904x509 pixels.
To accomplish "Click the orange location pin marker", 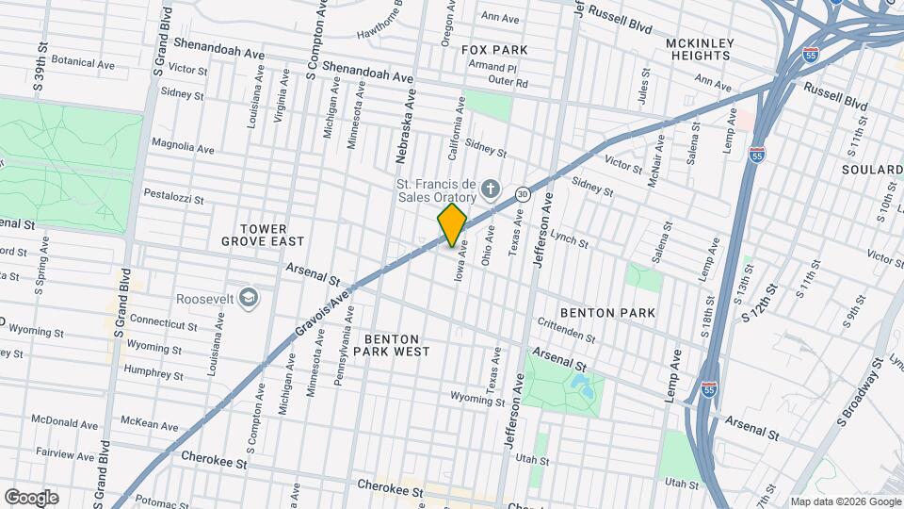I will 452,224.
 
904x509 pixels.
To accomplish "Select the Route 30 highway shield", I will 523,193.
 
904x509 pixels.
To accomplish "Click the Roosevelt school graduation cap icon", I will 249,299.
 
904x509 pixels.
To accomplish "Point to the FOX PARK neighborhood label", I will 493,49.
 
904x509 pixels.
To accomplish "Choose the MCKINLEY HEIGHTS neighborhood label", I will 698,49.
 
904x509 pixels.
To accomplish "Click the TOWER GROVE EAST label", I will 262,235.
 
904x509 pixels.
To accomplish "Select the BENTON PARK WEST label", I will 396,344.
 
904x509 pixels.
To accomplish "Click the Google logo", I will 31,497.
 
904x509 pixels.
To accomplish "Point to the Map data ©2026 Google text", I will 845,501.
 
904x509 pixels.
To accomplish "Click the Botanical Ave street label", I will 83,64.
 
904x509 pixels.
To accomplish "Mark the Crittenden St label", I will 566,331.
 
